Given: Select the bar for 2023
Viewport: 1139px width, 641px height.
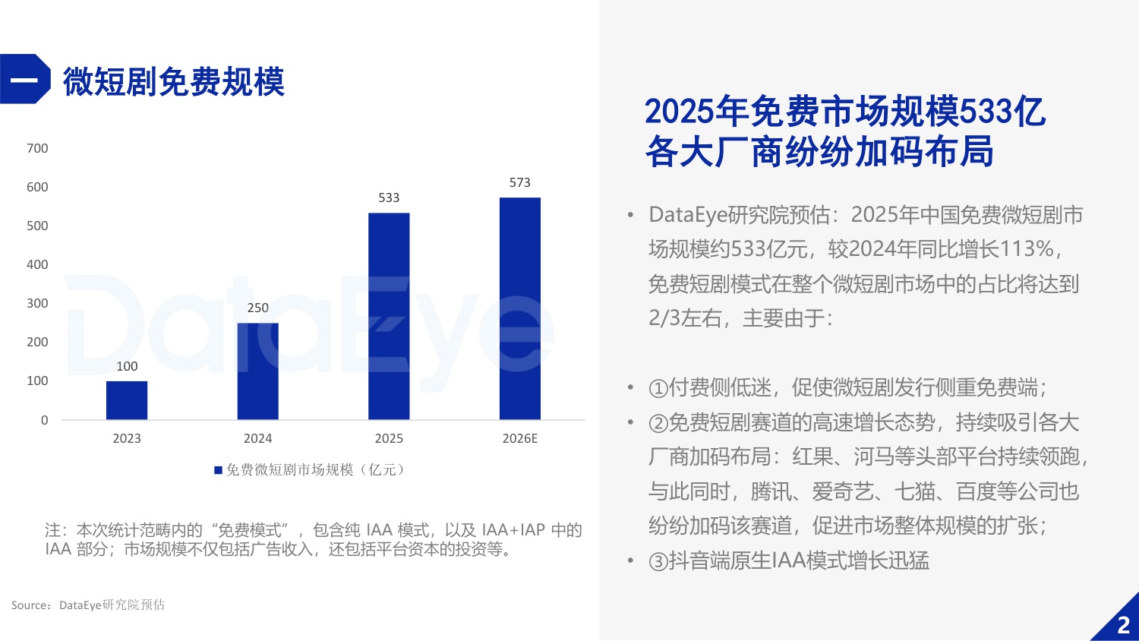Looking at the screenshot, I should pyautogui.click(x=127, y=400).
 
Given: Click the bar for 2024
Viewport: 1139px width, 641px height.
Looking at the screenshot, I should pyautogui.click(x=257, y=371).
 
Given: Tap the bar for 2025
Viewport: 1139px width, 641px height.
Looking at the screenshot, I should pyautogui.click(x=389, y=316).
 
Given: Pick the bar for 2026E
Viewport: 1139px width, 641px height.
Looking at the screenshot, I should pyautogui.click(x=520, y=308).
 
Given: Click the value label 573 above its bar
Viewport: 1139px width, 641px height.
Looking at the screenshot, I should pyautogui.click(x=520, y=182).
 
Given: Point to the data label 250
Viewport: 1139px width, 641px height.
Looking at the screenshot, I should pyautogui.click(x=257, y=308).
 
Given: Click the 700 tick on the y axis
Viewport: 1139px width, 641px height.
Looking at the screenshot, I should pyautogui.click(x=37, y=148).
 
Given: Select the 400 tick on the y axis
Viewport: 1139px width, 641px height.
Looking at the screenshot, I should pyautogui.click(x=37, y=264).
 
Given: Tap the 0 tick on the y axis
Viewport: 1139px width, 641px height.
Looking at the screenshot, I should pyautogui.click(x=44, y=420).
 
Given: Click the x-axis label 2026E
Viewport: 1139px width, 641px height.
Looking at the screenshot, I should pyautogui.click(x=520, y=438).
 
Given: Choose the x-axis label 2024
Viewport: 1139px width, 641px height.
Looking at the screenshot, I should pyautogui.click(x=257, y=438).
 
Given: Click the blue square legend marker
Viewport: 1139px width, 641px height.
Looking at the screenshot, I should pyautogui.click(x=219, y=470).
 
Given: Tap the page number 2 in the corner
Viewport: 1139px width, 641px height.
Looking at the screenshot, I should pyautogui.click(x=1124, y=625).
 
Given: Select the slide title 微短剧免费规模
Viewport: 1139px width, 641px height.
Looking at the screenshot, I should pyautogui.click(x=173, y=81).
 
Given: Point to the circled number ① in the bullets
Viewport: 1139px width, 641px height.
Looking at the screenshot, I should pyautogui.click(x=658, y=389).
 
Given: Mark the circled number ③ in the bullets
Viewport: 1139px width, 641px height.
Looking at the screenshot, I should pyautogui.click(x=658, y=562).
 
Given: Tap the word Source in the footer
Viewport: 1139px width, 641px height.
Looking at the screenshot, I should pyautogui.click(x=30, y=605).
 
